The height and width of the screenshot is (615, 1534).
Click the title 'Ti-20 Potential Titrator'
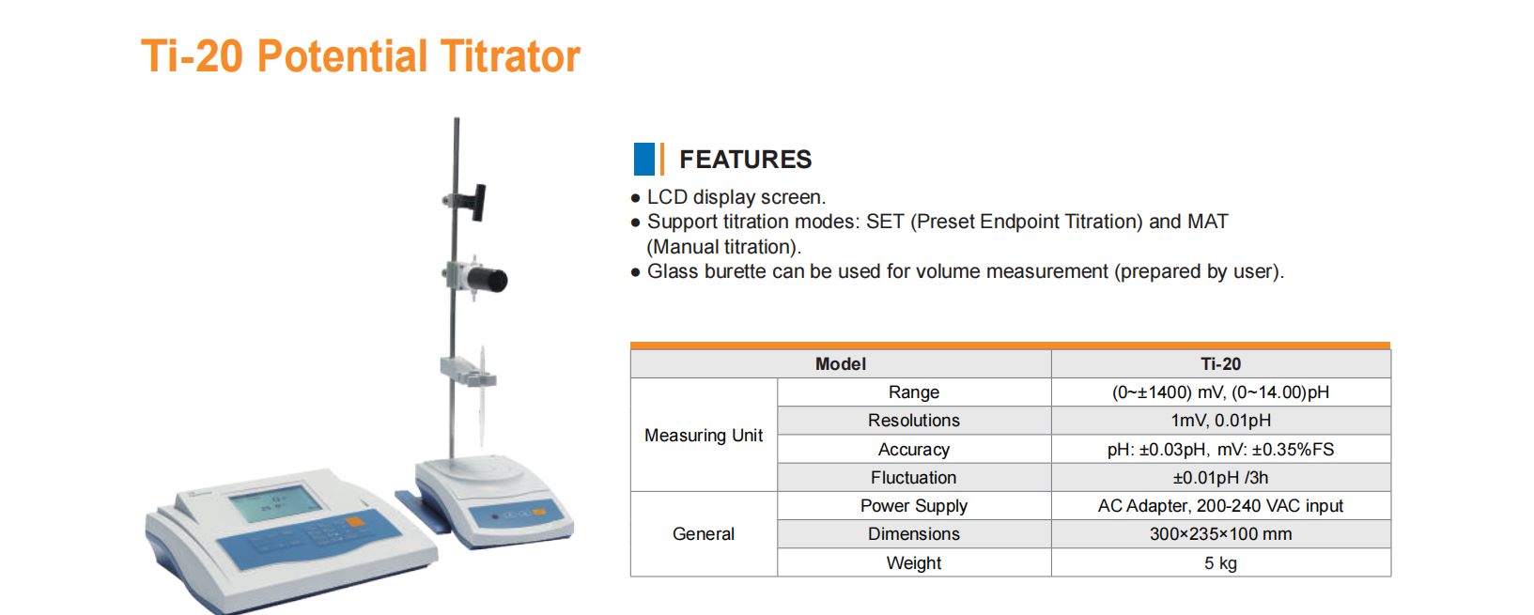pos(361,56)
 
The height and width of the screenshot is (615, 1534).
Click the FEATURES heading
pos(745,160)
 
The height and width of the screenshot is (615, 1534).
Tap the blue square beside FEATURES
pos(643,159)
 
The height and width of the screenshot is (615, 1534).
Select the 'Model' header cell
pos(841,363)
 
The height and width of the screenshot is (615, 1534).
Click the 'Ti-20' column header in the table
pos(1220,363)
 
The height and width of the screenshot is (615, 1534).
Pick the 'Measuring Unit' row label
pos(704,435)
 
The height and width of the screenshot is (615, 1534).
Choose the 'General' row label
pos(704,533)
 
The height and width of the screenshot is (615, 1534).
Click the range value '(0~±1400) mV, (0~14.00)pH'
pos(1220,392)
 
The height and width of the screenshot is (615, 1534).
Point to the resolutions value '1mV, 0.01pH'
pos(1220,421)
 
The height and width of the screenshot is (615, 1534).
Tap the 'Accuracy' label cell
pos(914,449)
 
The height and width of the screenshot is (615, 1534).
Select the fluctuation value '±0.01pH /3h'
pos(1220,477)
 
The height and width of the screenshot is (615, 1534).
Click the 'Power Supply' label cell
pos(914,505)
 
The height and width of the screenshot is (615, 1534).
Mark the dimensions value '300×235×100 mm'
pos(1220,533)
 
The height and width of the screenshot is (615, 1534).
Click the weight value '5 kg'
pos(1220,563)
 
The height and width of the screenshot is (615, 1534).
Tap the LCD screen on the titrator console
pos(275,505)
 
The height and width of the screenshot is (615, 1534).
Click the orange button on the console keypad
pos(355,522)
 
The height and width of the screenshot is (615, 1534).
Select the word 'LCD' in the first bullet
pos(667,197)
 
